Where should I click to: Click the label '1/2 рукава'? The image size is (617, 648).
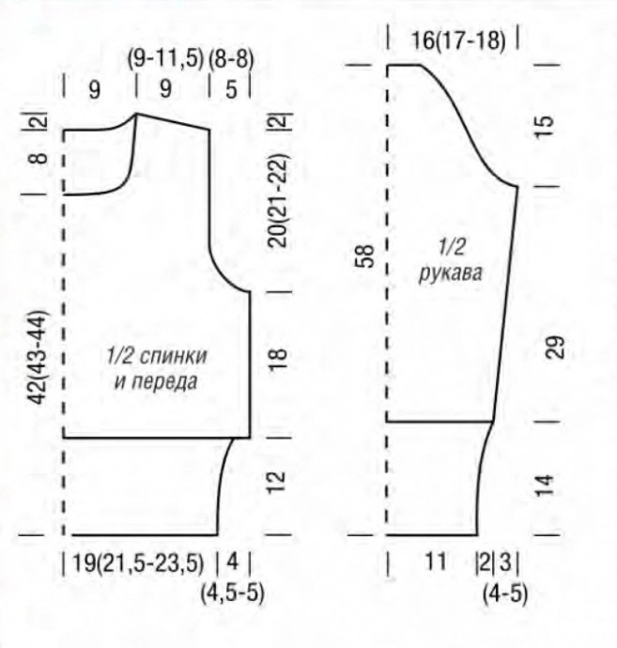[451, 260]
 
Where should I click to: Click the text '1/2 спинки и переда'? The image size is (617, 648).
[157, 369]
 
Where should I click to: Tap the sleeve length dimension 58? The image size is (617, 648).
[365, 255]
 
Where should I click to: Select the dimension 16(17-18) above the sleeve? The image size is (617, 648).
[458, 41]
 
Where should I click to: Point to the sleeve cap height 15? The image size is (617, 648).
[545, 122]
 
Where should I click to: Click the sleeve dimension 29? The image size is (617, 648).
[557, 347]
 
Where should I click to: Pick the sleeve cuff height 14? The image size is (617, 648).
[545, 486]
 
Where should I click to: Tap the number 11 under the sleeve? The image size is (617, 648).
[436, 562]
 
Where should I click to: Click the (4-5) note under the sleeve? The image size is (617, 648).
[505, 594]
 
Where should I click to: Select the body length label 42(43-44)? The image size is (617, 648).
[38, 358]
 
